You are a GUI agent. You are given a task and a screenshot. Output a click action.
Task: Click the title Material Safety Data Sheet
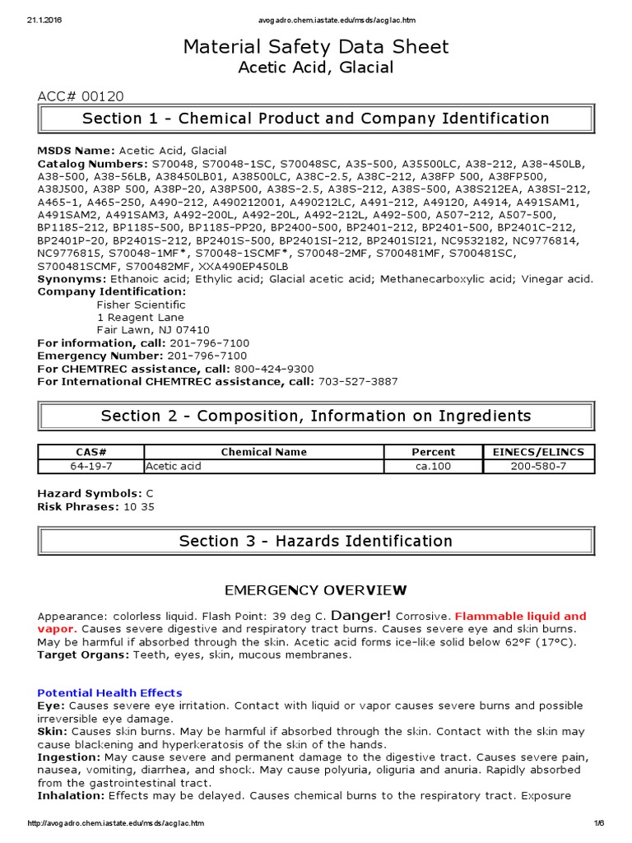[316, 47]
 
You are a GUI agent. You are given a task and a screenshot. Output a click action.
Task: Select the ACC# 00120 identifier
[81, 97]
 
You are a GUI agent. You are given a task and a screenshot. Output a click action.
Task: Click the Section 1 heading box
[316, 119]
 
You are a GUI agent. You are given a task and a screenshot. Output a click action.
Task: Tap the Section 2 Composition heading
[316, 416]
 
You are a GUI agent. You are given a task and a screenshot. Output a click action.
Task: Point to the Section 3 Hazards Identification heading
[316, 541]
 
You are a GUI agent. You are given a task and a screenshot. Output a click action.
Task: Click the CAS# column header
[91, 452]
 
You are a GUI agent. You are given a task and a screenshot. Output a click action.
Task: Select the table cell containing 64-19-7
[91, 466]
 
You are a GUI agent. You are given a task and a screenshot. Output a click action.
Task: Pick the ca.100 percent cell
[433, 466]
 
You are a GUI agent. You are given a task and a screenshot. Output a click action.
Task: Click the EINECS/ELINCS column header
[538, 452]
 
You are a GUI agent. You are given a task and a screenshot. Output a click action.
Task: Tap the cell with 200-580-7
[538, 466]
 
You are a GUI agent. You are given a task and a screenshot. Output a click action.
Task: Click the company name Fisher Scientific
[142, 305]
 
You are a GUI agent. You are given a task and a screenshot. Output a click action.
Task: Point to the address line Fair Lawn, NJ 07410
[147, 330]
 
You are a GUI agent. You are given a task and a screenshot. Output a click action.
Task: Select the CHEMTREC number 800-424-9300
[274, 368]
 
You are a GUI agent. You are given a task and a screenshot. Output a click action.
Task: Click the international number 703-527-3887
[357, 381]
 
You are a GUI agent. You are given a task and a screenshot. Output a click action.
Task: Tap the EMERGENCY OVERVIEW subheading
[316, 590]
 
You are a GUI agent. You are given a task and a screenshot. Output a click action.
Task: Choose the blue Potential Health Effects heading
[110, 692]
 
